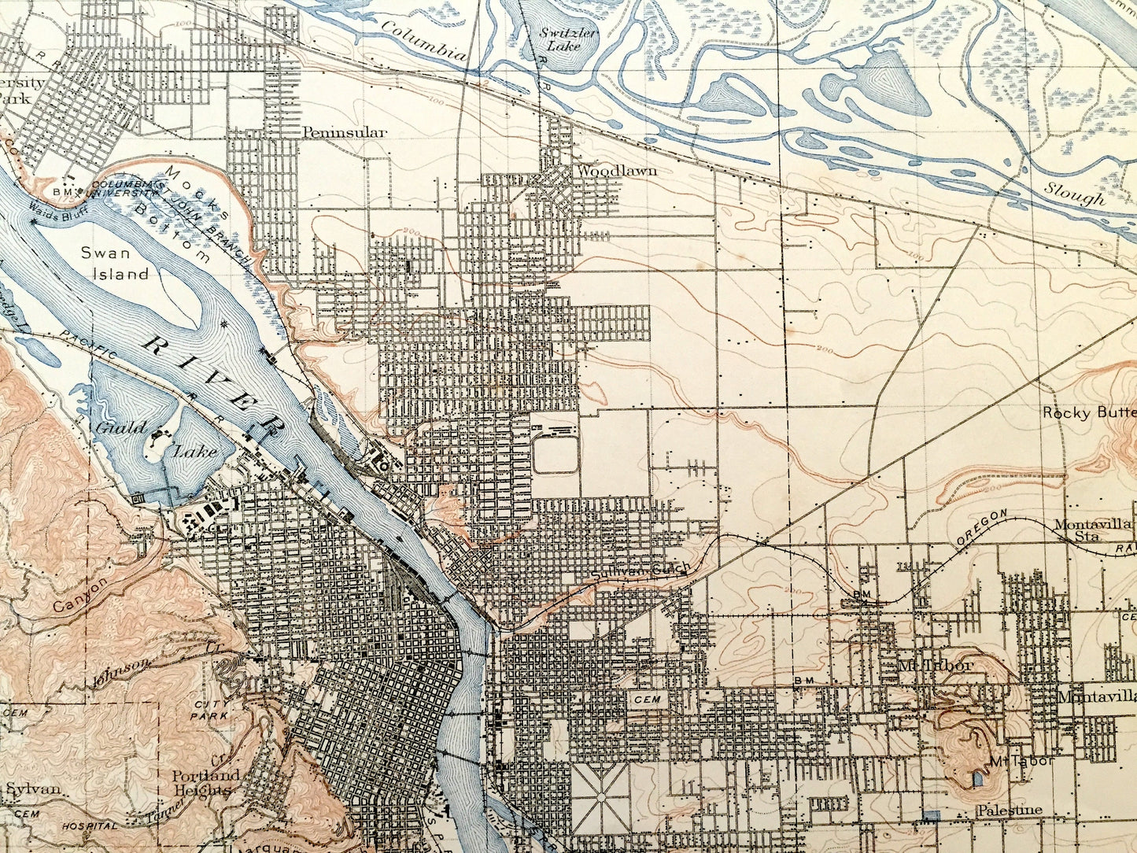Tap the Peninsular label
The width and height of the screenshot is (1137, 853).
point(344,132)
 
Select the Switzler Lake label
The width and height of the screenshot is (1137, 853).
point(560,39)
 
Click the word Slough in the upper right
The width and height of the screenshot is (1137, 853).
point(1075,194)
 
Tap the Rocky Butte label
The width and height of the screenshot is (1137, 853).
point(1089,412)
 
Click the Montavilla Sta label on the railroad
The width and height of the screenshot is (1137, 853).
point(1093,530)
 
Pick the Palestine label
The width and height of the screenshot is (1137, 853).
point(1010,810)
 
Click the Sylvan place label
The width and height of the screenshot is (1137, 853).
point(33,788)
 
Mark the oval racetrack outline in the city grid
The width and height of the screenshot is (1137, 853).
point(556,455)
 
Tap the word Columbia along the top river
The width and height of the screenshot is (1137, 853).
point(424,40)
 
